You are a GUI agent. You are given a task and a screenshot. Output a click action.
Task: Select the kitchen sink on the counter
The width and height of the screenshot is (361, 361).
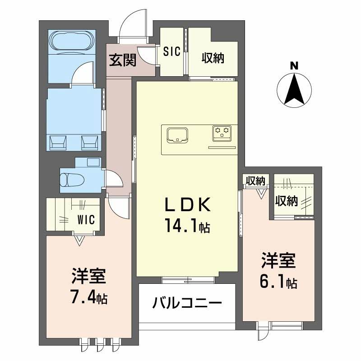click(178, 134)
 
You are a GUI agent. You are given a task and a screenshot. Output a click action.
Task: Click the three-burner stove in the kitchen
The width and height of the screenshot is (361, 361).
click(222, 132)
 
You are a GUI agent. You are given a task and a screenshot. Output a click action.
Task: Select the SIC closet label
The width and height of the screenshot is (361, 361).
click(172, 52)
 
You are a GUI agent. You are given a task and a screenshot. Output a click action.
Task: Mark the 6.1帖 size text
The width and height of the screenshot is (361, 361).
click(278, 282)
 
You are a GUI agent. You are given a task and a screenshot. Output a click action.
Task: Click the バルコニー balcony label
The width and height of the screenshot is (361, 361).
click(187, 302)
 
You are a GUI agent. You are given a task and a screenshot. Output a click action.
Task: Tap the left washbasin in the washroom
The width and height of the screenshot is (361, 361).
click(57, 142)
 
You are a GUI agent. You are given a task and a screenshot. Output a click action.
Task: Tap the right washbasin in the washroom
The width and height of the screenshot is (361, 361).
click(89, 142)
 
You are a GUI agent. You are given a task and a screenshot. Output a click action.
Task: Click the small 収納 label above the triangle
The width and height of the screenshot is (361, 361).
click(255, 181)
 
